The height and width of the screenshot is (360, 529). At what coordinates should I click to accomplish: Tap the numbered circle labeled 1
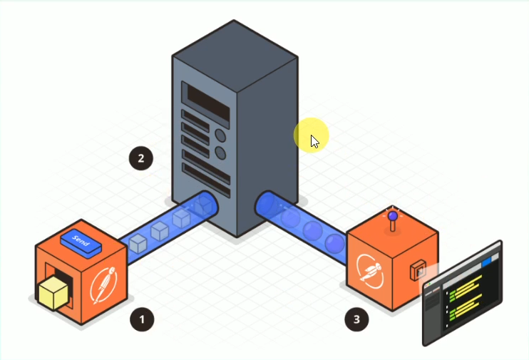[x=142, y=319]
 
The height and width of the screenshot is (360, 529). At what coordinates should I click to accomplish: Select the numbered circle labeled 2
[x=140, y=158]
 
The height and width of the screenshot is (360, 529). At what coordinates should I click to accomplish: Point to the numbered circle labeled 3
[x=357, y=319]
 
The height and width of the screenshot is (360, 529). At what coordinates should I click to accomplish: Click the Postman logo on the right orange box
[x=374, y=269]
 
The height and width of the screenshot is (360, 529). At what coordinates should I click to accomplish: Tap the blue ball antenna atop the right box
[x=391, y=215]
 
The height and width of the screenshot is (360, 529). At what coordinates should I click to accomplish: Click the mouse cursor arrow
[x=314, y=141]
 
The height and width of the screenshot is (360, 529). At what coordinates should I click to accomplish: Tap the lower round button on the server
[x=220, y=153]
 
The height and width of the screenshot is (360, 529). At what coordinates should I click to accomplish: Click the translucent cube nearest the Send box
[x=138, y=243]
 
